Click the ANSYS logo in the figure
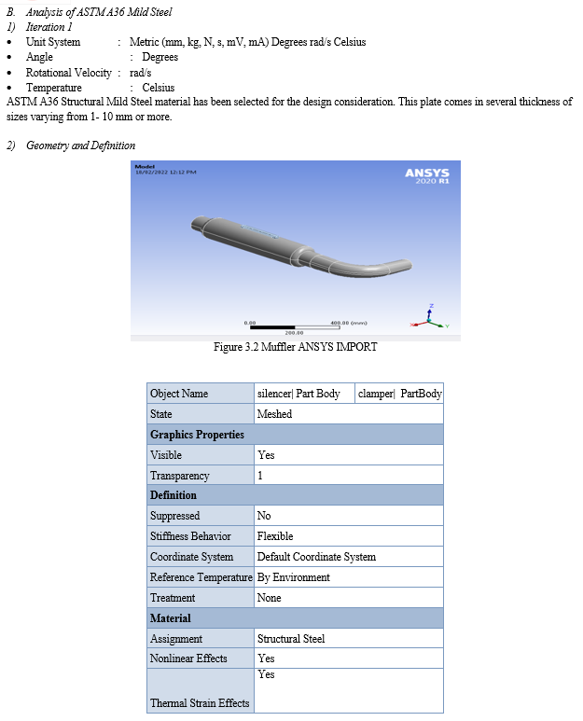coord(427,174)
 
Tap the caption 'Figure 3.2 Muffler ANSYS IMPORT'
coord(295,348)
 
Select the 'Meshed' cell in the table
coord(274,414)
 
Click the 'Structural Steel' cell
coord(291,639)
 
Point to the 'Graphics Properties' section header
coord(197,435)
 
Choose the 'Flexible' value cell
coord(275,536)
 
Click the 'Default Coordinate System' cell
coord(316,557)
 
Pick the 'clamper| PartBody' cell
coord(400,394)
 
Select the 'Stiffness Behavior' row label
coord(190,536)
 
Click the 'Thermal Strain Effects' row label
coord(200,702)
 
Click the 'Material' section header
coord(171,618)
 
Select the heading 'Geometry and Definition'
coord(80,146)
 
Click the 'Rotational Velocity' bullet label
coord(68,72)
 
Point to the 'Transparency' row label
coord(180,476)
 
